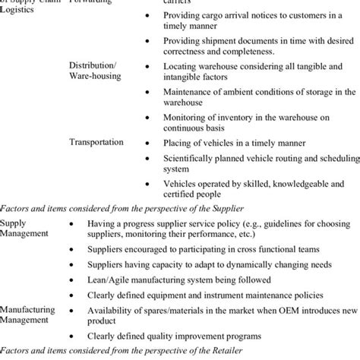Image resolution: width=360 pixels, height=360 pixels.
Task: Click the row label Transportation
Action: point(96,141)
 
